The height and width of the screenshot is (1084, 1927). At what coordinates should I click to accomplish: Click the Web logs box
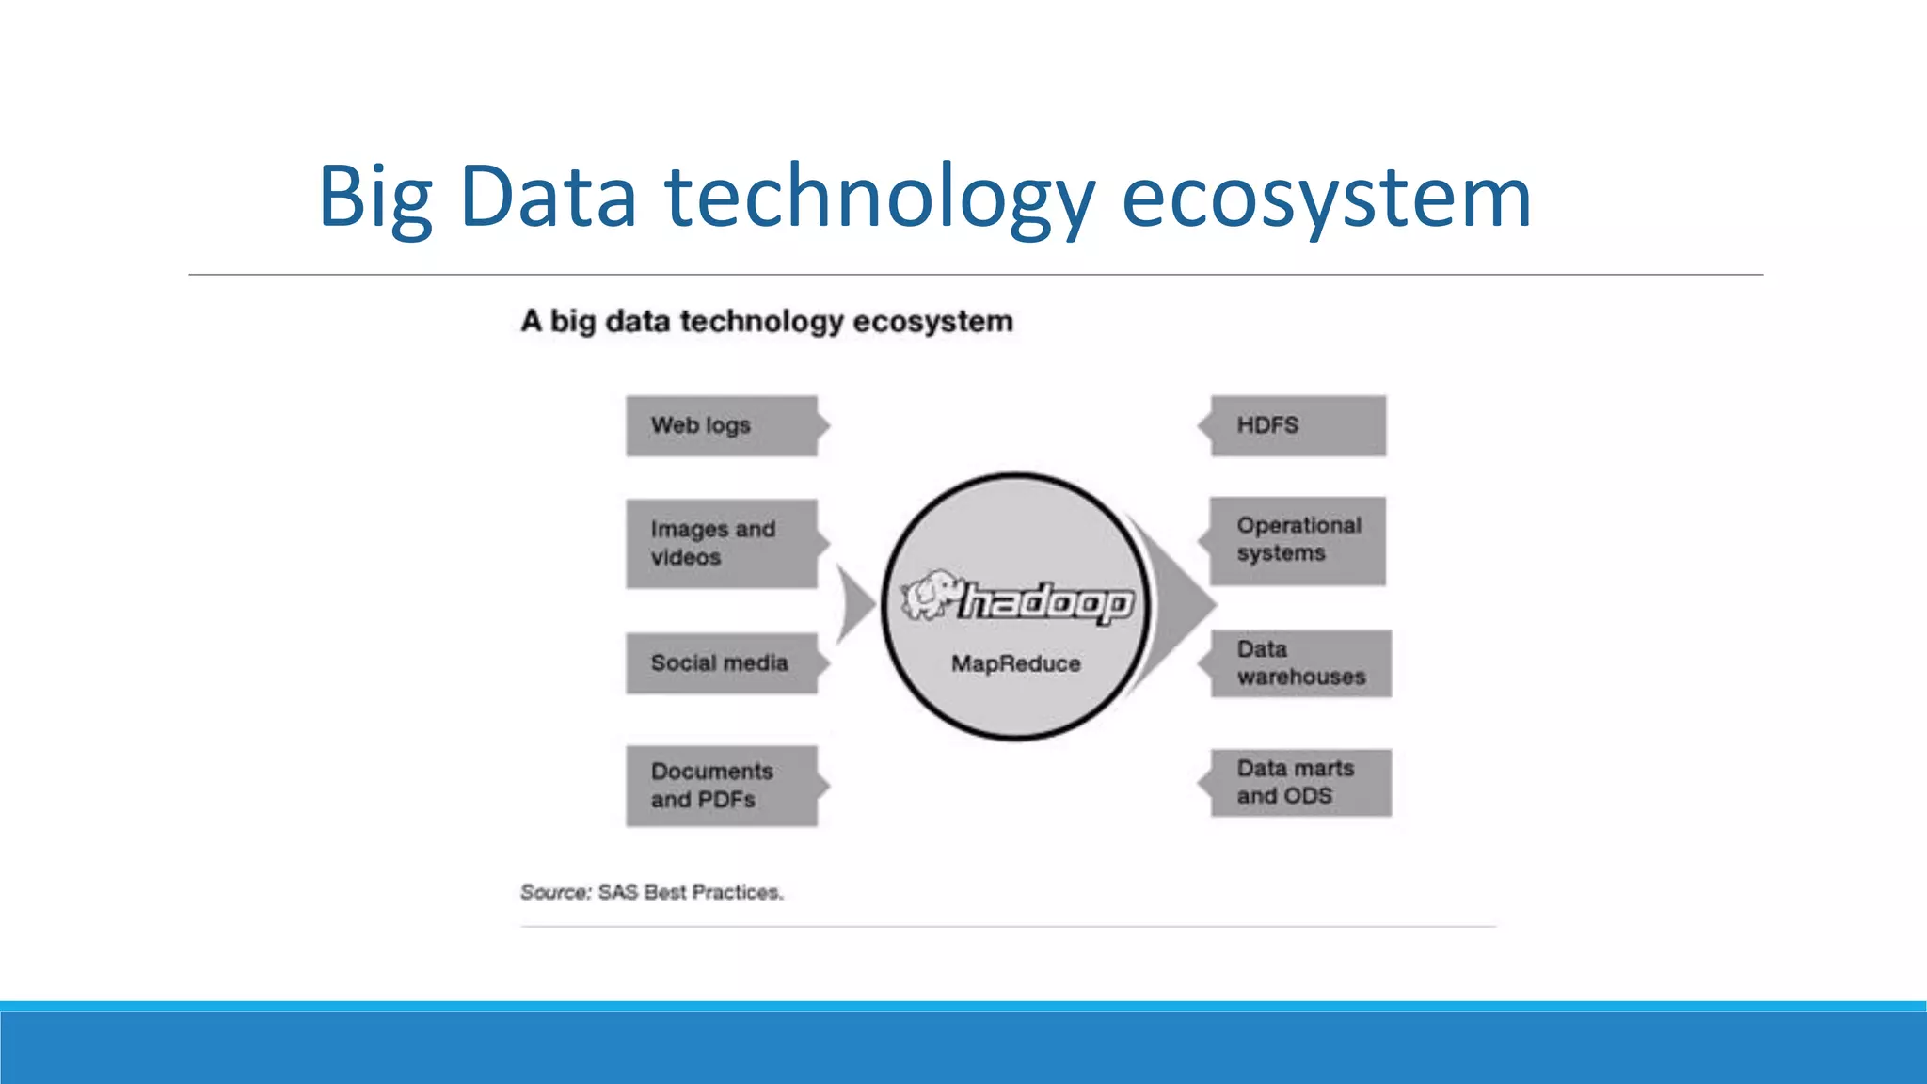coord(722,426)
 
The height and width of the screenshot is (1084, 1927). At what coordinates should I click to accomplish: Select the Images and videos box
coord(722,544)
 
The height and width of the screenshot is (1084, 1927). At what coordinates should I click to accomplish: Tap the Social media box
coord(722,663)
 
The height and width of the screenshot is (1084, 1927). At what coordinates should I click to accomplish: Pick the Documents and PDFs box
coord(722,786)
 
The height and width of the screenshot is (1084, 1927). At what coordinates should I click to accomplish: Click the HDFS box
coord(1298,426)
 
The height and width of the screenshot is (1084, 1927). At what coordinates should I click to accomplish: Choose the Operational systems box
coord(1298,540)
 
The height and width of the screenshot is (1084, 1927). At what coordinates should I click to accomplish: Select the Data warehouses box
coord(1300,663)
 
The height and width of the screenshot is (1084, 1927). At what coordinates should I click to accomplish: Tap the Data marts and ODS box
coord(1300,783)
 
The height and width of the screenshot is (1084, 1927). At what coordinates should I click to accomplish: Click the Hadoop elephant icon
coord(930,594)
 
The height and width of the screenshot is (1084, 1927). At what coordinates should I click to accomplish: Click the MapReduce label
coord(1015,663)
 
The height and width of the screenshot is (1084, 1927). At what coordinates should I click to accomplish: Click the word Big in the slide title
coord(375,198)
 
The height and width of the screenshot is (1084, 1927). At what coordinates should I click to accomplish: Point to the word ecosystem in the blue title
coord(1327,198)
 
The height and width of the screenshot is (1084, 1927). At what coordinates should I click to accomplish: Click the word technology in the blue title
coord(880,198)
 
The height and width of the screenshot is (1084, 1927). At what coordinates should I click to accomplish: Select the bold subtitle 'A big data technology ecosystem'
coord(767,321)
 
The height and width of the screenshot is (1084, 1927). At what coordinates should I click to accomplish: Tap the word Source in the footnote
coord(554,892)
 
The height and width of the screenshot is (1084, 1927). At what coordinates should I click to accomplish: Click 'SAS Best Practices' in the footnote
coord(690,892)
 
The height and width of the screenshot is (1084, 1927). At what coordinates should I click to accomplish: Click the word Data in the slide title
coord(548,198)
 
